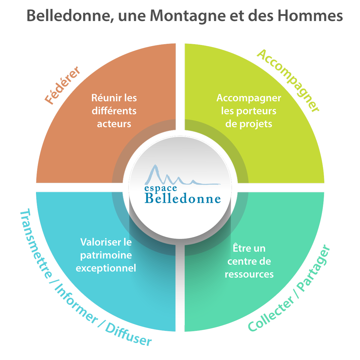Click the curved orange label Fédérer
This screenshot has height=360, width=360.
(63, 85)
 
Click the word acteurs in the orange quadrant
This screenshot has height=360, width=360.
(114, 124)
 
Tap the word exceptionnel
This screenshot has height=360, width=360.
(106, 268)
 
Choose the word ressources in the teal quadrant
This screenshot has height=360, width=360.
(249, 274)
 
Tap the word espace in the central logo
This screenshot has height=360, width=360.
(160, 188)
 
